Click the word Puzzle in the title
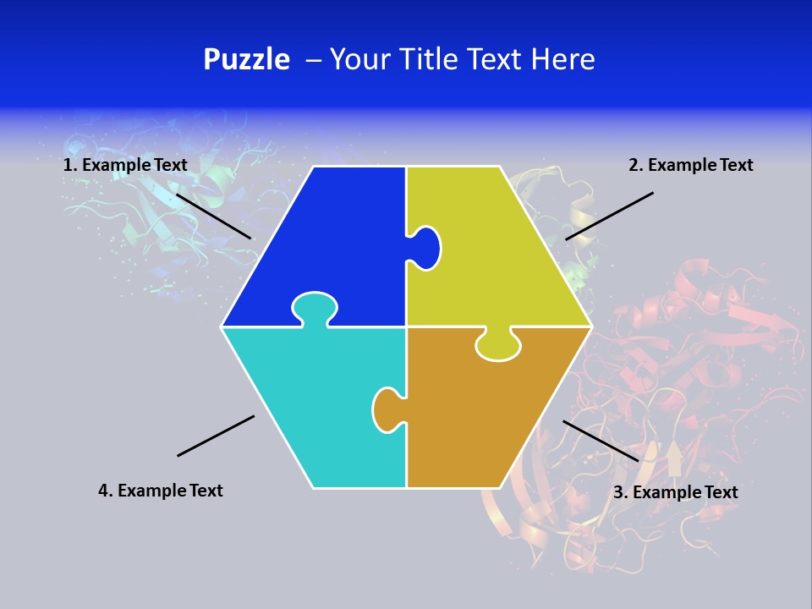(246, 60)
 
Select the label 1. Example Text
(125, 165)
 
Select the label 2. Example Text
(690, 165)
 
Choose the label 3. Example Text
(675, 492)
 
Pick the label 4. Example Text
(161, 491)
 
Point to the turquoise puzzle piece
(313, 398)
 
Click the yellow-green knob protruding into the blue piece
(425, 248)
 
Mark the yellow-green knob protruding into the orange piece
(497, 344)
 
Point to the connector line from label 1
(213, 216)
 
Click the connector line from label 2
(609, 216)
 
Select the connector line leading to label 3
(601, 441)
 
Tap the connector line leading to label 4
(216, 436)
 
